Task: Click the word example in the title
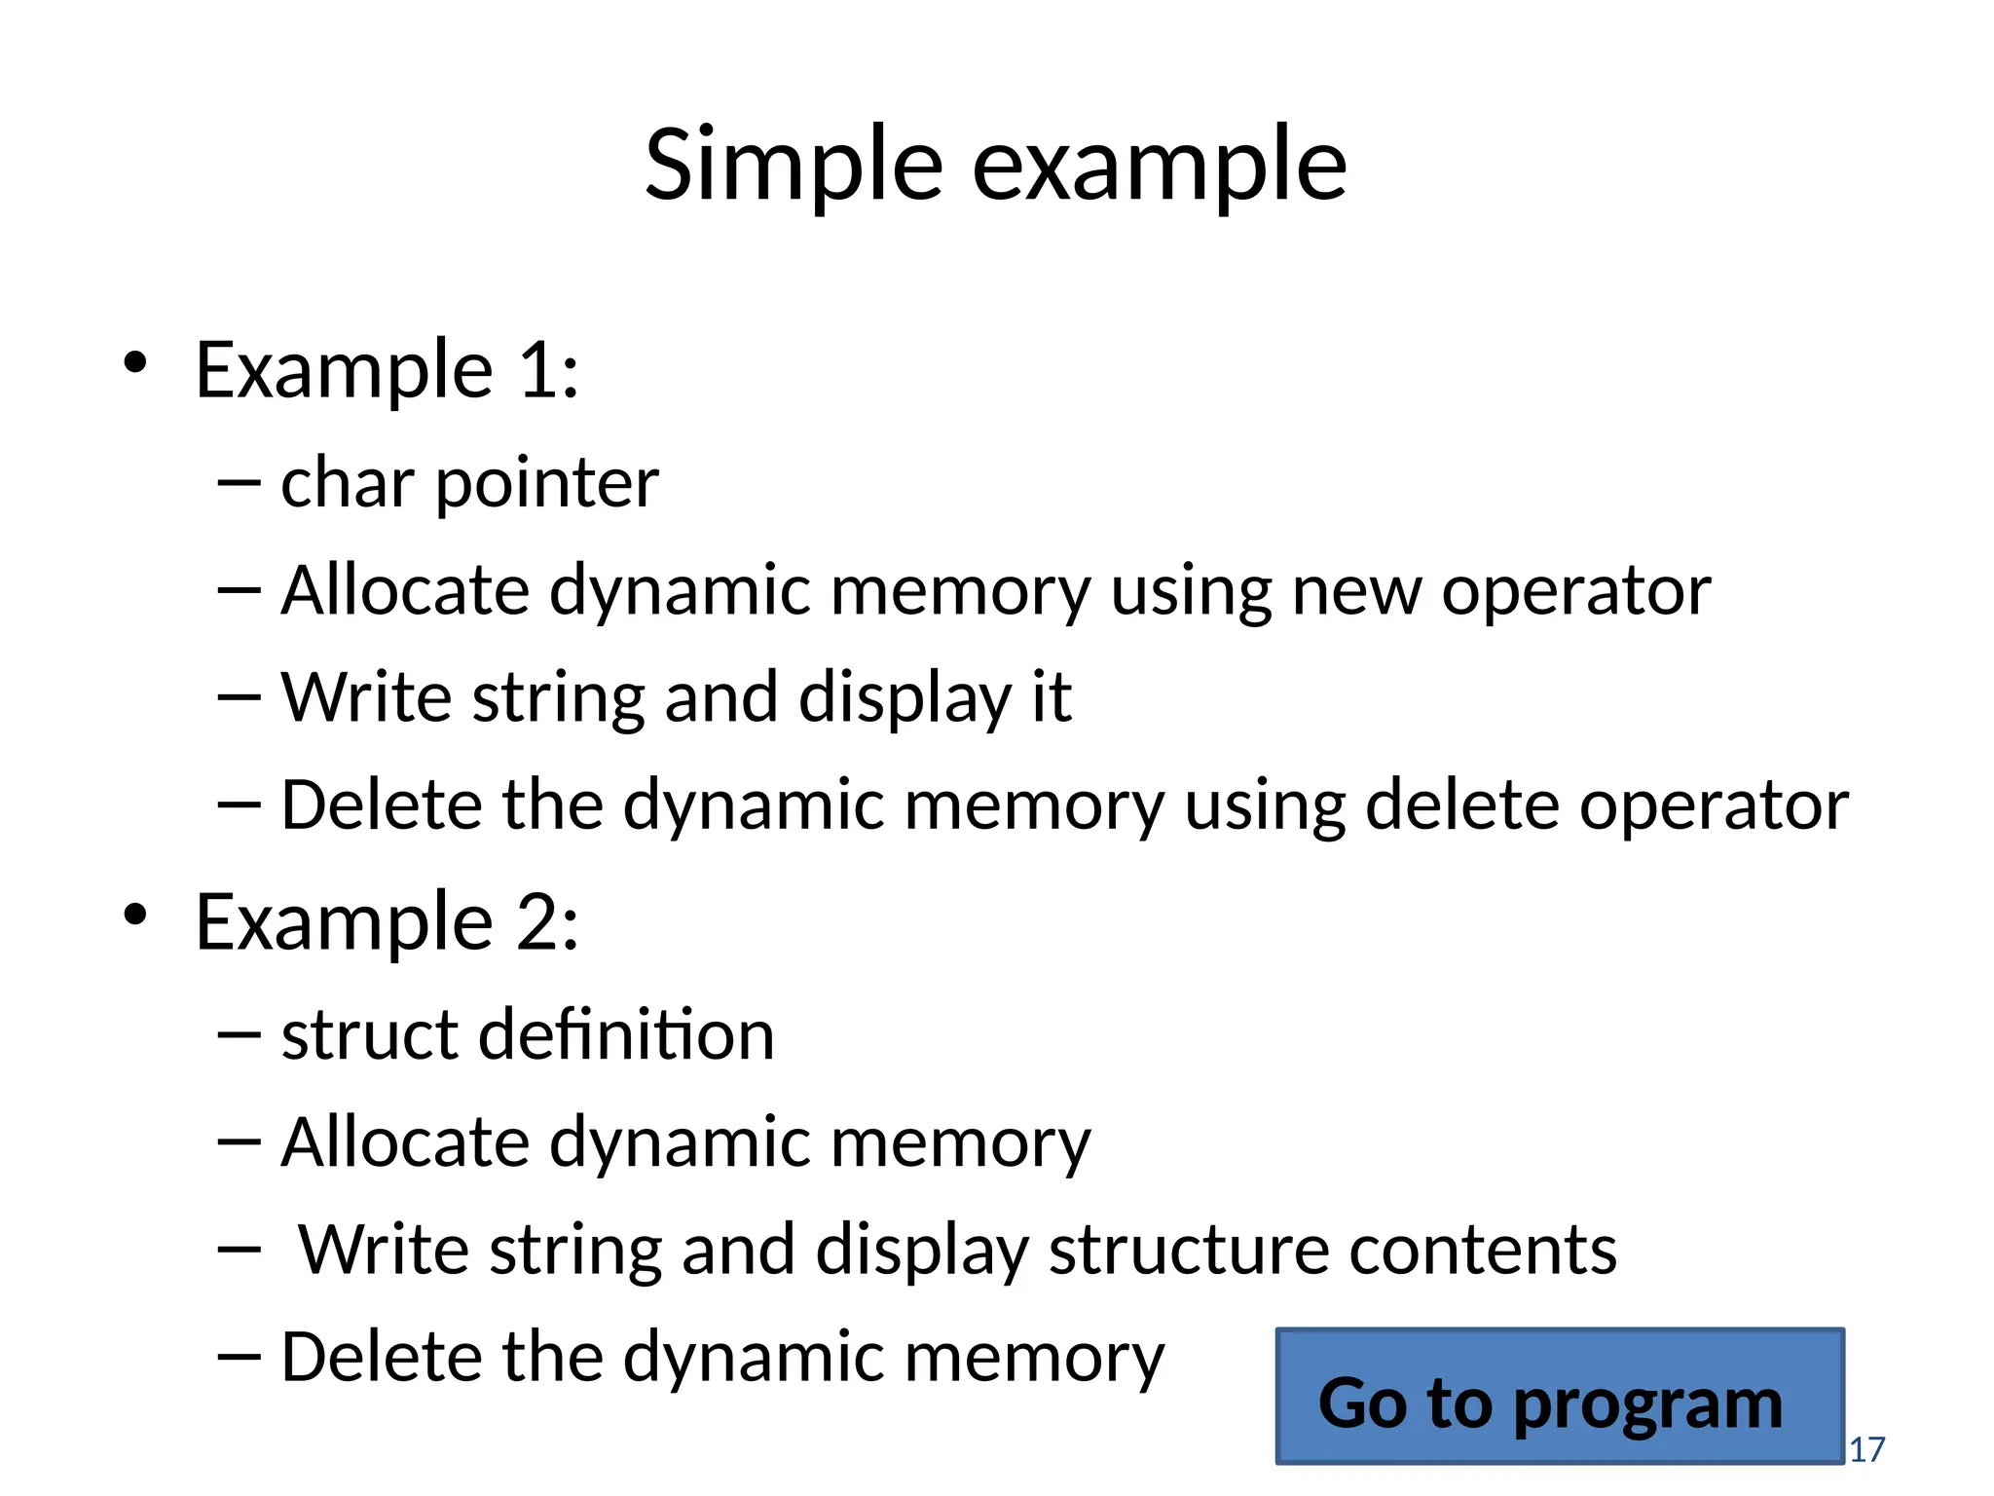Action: [1159, 168]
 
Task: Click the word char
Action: [348, 483]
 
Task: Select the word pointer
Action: [547, 485]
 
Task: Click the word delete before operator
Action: [1462, 805]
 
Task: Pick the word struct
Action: [369, 1034]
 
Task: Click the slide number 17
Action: [1866, 1449]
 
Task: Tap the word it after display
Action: [1052, 697]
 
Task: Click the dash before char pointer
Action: [240, 482]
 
